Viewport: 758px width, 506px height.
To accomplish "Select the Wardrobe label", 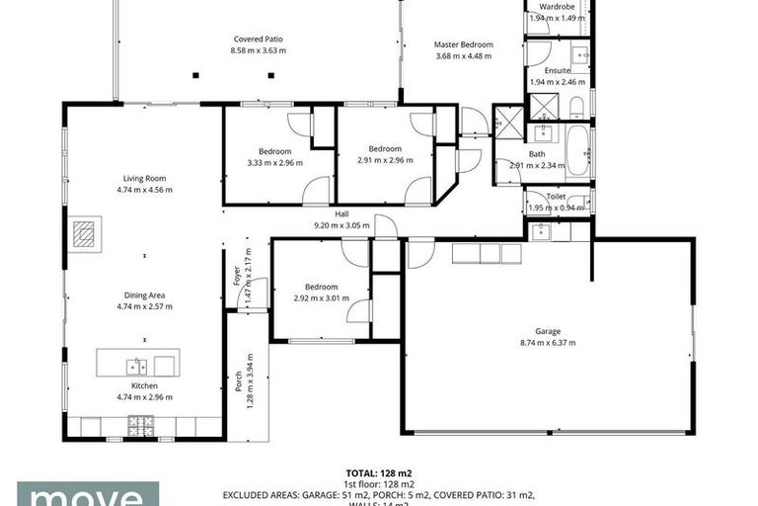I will coord(557,6).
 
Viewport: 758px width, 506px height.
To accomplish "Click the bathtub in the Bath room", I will coord(578,149).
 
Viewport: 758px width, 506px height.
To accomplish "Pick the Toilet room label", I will coord(556,196).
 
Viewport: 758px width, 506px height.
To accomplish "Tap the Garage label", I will coord(548,331).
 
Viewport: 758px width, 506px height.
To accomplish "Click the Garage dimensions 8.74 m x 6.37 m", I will coord(548,343).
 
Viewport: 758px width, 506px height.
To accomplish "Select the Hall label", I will coord(341,213).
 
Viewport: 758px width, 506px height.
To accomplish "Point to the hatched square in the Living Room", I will coord(86,235).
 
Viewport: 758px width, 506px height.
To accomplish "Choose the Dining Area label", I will coord(144,295).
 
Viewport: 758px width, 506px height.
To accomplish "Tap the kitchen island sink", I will coord(136,366).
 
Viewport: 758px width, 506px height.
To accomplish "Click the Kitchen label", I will coord(144,385).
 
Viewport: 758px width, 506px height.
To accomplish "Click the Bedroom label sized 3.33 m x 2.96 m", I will coord(274,151).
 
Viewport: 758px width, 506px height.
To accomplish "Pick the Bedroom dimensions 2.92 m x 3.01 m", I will coord(321,297).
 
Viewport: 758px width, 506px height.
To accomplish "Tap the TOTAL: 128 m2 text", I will coord(379,473).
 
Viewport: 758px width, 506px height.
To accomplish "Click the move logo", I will coord(87,494).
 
